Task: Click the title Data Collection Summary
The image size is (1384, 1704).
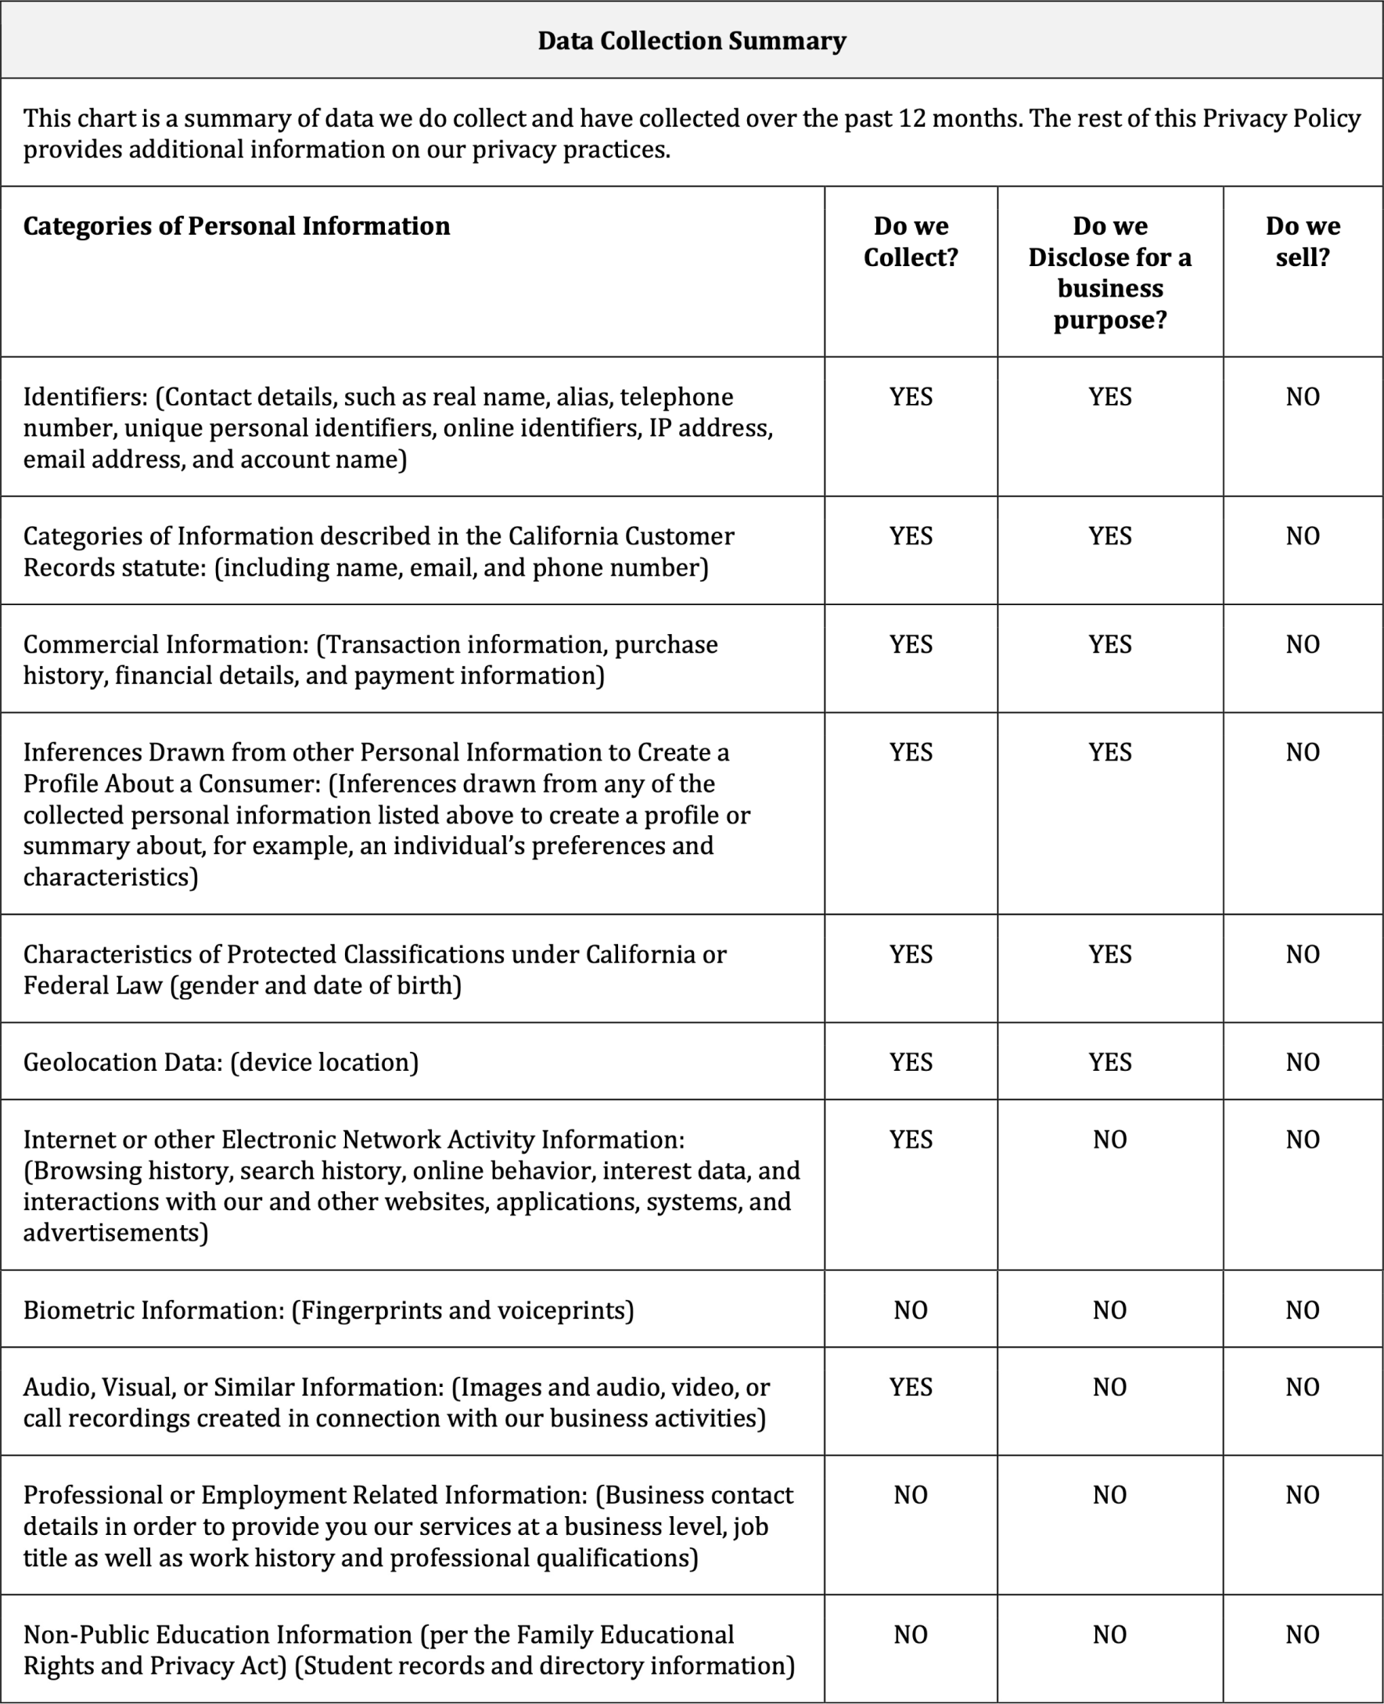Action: [x=691, y=41]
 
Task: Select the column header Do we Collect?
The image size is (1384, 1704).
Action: [x=911, y=242]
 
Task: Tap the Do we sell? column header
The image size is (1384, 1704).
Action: [x=1302, y=242]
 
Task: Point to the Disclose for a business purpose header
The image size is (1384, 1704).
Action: [x=1109, y=272]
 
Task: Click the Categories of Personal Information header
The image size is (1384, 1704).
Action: [x=236, y=226]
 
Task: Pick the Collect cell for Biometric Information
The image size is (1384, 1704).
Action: [x=911, y=1310]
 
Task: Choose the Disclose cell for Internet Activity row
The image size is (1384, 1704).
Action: [x=1109, y=1140]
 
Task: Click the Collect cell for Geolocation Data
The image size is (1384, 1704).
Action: [x=911, y=1062]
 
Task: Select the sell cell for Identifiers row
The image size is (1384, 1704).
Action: [x=1302, y=397]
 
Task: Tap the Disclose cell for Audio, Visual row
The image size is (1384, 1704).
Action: [x=1109, y=1388]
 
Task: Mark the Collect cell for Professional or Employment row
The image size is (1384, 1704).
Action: [x=911, y=1495]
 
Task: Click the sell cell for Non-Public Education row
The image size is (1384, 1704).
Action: [x=1302, y=1634]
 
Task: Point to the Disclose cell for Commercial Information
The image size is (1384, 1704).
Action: [x=1109, y=644]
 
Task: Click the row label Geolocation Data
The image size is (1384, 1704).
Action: [x=122, y=1063]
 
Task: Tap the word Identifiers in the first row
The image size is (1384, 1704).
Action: [x=85, y=397]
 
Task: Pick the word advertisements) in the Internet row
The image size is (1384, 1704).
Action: [x=115, y=1233]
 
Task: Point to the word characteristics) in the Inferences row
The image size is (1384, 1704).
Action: [x=110, y=877]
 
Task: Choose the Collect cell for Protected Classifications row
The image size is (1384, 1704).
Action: [x=911, y=954]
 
